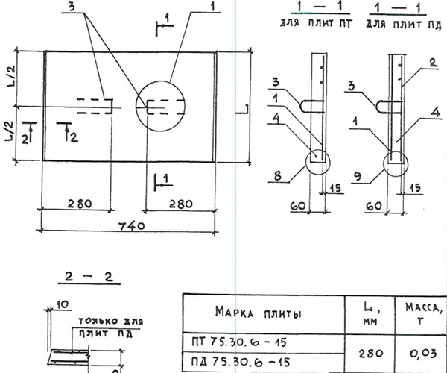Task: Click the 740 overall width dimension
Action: pos(132,226)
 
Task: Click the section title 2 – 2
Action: pos(89,277)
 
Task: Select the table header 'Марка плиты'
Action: pos(258,313)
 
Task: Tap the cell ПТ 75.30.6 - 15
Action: pos(239,342)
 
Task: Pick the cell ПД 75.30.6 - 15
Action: pos(241,362)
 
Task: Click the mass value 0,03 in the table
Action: pos(423,354)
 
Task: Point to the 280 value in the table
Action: pos(370,354)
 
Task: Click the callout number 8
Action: pos(277,176)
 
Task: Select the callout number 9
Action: pos(358,177)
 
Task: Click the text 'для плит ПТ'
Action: pos(317,23)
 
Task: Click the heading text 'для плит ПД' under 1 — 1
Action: pos(404,25)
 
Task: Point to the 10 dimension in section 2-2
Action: pos(62,305)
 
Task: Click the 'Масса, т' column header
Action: pos(422,313)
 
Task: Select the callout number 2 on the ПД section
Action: pos(433,63)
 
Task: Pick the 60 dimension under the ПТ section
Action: pos(298,205)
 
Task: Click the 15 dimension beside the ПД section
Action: pos(415,188)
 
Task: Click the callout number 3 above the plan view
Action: pos(72,7)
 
